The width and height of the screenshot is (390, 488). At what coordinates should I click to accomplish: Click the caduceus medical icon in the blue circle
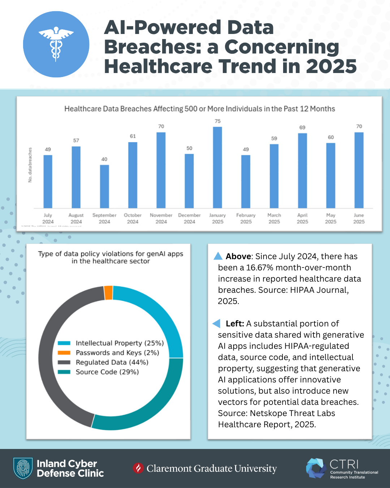[56, 44]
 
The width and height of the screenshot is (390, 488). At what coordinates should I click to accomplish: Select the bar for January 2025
[217, 167]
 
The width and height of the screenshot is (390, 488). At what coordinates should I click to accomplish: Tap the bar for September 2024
[104, 187]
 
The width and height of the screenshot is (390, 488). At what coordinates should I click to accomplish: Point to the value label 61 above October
[133, 136]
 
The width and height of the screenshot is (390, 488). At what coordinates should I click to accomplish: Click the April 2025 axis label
[302, 218]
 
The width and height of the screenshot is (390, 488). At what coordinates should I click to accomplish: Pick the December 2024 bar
[189, 181]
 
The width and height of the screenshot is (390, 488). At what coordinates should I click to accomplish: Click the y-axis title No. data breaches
[30, 165]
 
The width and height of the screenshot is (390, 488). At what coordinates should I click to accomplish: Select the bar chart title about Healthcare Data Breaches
[199, 109]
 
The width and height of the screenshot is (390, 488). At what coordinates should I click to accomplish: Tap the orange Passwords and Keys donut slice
[108, 293]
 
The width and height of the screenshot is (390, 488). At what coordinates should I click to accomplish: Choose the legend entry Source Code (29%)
[107, 372]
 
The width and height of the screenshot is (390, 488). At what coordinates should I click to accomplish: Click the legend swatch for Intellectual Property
[64, 343]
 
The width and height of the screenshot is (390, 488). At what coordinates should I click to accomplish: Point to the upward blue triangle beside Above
[218, 256]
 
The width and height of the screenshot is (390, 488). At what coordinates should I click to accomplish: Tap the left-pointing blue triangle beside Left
[217, 323]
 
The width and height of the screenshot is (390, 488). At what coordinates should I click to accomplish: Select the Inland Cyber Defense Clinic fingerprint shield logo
[23, 468]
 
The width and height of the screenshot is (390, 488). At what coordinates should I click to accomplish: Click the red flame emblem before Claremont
[138, 468]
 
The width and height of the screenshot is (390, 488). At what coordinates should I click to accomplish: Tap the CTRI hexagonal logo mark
[316, 468]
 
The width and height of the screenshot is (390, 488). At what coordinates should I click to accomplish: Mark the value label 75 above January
[217, 121]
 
